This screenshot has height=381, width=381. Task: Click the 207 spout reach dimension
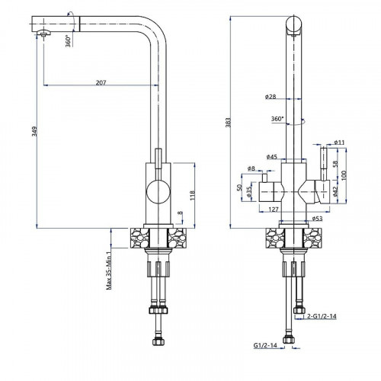101,82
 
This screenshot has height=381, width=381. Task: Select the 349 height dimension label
34,131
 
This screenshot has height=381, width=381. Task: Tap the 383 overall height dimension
228,123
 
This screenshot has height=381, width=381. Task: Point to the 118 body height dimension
192,195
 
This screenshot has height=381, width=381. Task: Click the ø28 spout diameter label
271,97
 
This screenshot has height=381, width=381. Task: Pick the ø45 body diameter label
272,157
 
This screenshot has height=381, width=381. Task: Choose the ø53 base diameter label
317,219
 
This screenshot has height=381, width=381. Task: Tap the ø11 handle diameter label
339,142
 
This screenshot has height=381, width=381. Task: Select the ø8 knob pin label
251,168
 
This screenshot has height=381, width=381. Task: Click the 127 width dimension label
274,210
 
